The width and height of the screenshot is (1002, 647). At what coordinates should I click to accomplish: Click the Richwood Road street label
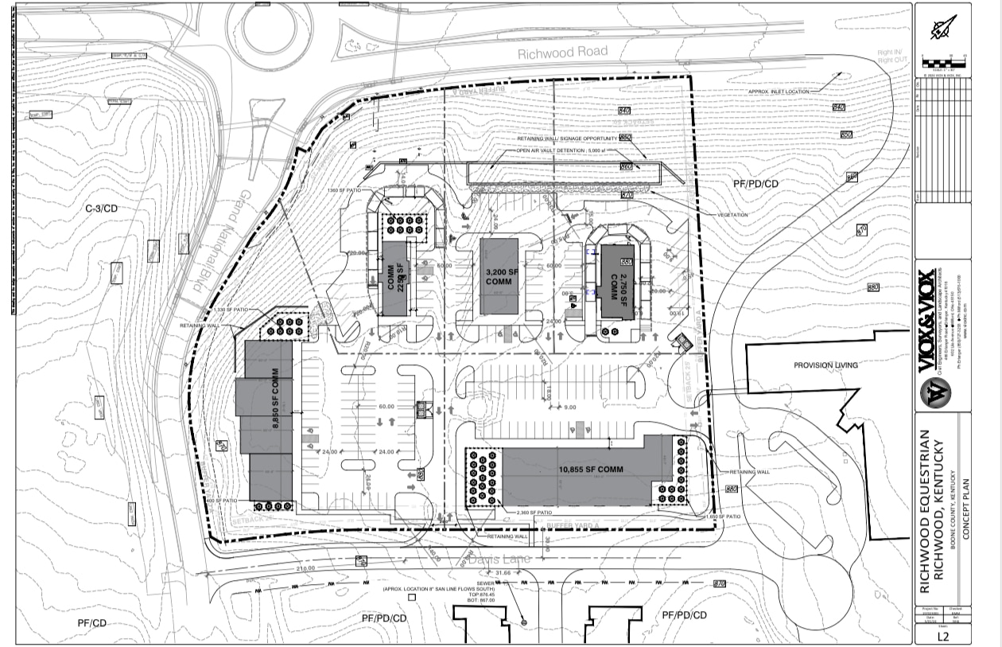562,53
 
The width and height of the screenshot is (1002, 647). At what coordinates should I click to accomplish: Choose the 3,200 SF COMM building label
502,277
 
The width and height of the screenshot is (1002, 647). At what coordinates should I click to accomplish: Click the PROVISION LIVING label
825,365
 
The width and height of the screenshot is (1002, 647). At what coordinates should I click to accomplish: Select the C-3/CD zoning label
102,209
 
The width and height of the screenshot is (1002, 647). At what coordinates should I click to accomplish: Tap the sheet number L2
942,636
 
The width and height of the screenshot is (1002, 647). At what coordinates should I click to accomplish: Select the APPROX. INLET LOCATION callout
779,92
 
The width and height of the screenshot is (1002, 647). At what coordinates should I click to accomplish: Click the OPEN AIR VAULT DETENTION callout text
567,150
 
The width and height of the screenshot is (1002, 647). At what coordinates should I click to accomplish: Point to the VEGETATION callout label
731,215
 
